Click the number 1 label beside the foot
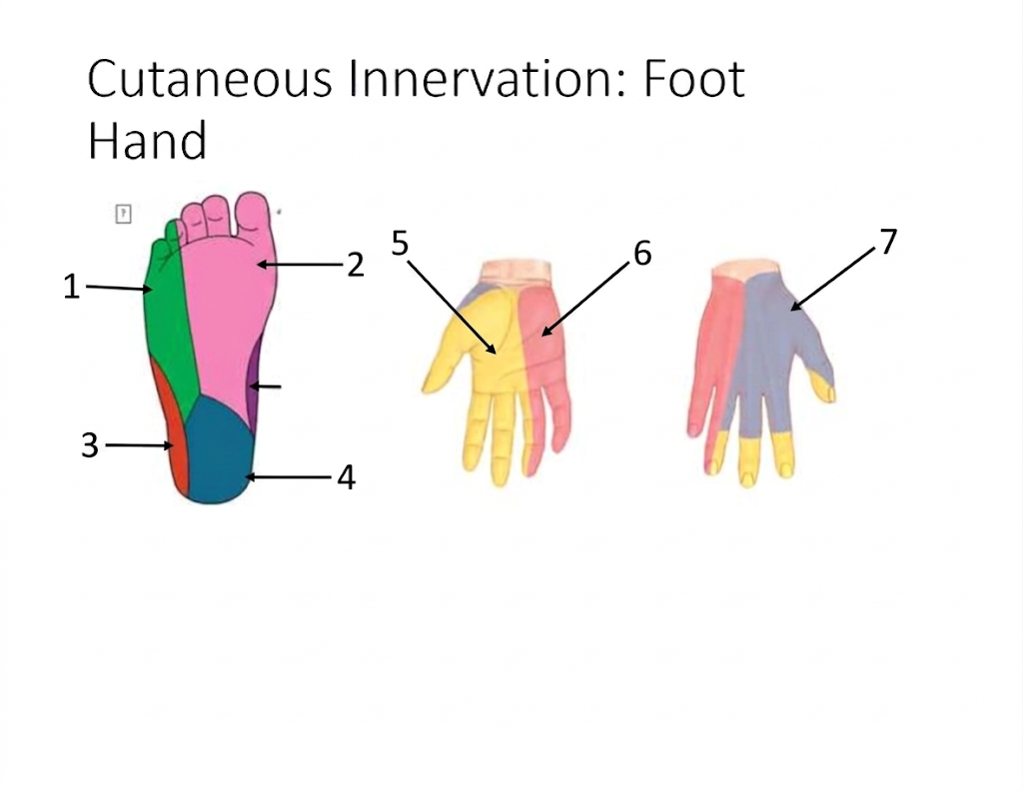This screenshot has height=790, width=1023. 71,287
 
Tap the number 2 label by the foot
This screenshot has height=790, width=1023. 355,265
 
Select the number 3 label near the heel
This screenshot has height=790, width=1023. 89,445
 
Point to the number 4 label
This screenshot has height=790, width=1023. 347,477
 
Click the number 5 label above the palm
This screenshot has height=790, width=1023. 400,244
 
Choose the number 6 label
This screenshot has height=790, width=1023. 642,253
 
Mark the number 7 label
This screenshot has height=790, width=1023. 888,242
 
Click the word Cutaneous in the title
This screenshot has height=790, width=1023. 210,79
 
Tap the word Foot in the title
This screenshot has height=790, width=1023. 694,79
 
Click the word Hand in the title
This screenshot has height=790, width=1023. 147,140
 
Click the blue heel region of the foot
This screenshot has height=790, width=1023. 218,450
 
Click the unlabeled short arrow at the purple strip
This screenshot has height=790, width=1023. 266,387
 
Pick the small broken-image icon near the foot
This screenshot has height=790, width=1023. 123,214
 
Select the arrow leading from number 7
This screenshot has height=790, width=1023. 833,279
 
